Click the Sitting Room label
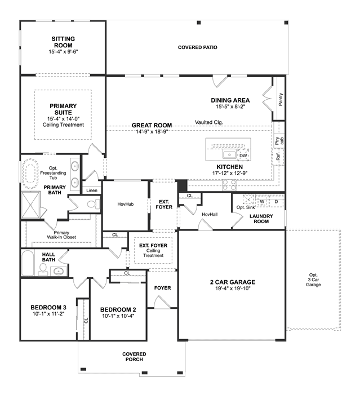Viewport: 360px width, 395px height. [x=63, y=42]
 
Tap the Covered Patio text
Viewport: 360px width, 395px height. [x=198, y=47]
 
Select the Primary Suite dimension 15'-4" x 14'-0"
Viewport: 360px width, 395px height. [x=63, y=119]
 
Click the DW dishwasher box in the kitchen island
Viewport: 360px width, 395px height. [x=243, y=156]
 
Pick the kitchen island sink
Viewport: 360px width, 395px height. [x=229, y=154]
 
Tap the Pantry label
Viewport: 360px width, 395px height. [x=281, y=99]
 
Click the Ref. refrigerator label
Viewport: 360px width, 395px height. [x=278, y=157]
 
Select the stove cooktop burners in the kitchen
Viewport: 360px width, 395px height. [x=229, y=185]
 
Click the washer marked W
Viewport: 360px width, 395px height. [x=262, y=202]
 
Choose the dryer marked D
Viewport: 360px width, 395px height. [x=276, y=202]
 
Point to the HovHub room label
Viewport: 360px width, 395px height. [x=126, y=204]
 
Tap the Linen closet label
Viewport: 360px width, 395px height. [x=92, y=190]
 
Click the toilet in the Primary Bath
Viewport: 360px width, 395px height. [x=94, y=204]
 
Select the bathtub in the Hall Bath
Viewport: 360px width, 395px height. [x=28, y=263]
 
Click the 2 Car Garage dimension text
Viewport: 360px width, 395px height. [x=233, y=289]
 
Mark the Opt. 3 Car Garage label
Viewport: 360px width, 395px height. [x=313, y=279]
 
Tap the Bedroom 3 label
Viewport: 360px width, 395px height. [x=48, y=307]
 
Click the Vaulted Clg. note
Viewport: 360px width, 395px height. [x=209, y=122]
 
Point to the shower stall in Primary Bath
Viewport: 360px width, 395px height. [x=30, y=205]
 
